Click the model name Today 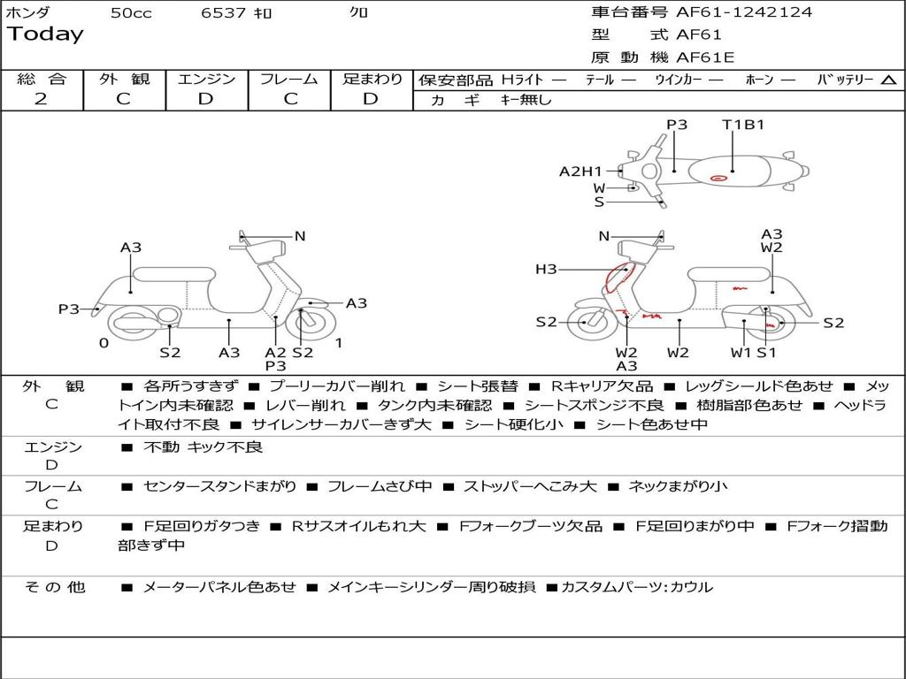(45, 34)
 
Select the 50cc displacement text (131, 12)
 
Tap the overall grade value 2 (41, 99)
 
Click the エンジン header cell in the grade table (206, 80)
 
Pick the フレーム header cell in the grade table (289, 80)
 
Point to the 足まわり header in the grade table (372, 80)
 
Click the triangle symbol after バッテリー (888, 80)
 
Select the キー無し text (526, 100)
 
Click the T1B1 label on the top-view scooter (743, 125)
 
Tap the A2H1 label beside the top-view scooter (580, 172)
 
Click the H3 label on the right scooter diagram (546, 270)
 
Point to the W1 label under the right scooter (740, 353)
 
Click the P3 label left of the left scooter (69, 309)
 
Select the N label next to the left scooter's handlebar (300, 236)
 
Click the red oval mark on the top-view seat (718, 179)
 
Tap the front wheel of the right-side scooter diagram (585, 323)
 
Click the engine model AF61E (705, 58)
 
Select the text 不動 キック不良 (203, 447)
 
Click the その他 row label (55, 587)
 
